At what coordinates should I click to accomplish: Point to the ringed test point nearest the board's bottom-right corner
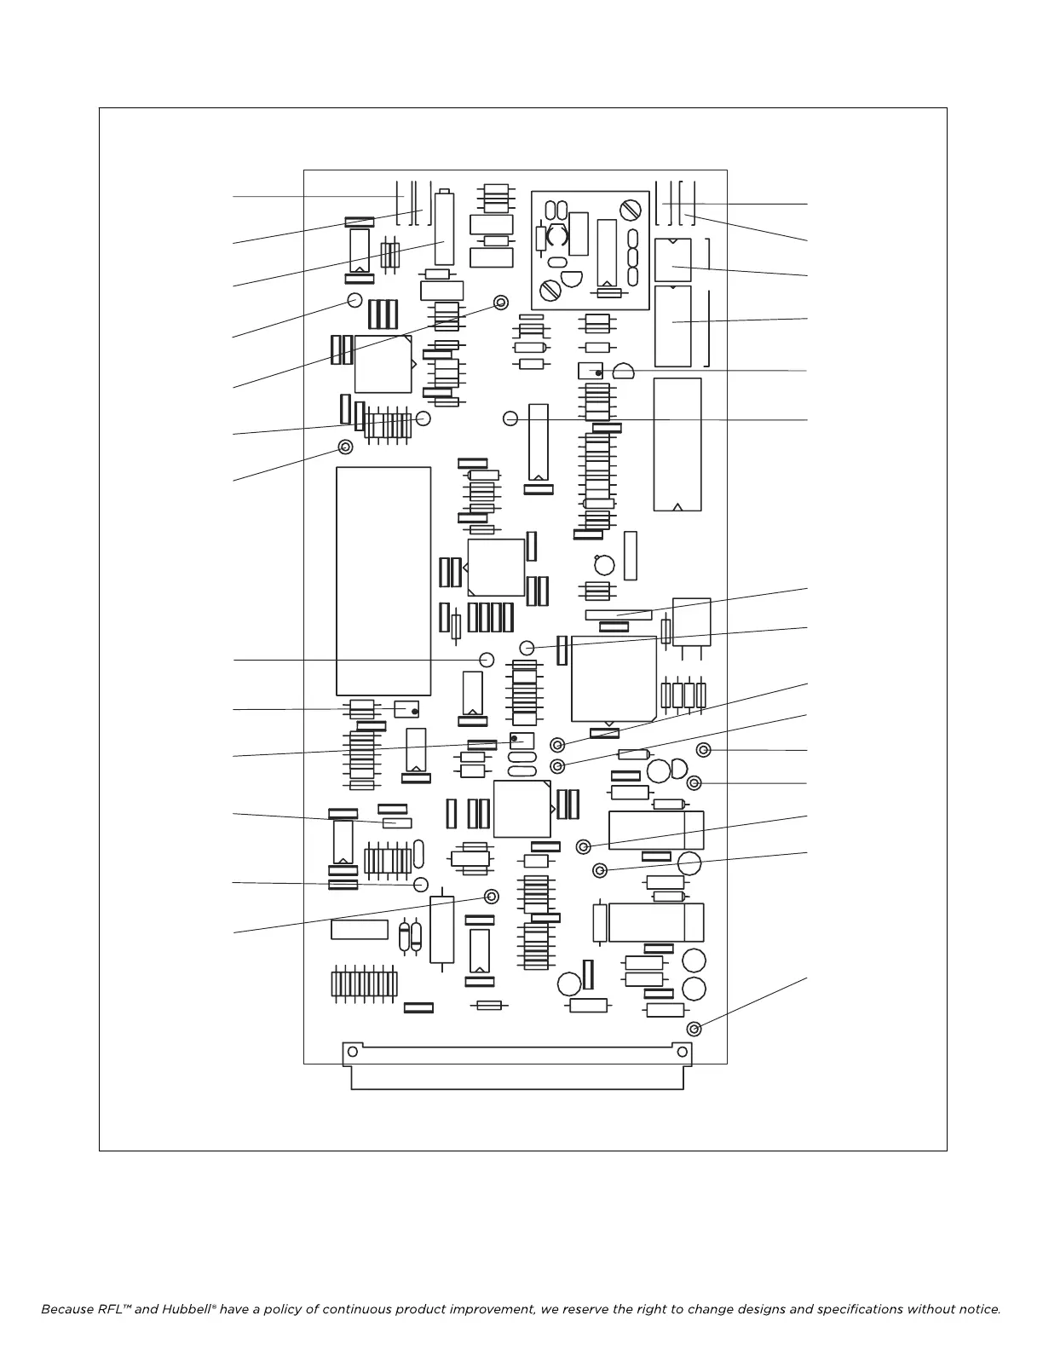694,1029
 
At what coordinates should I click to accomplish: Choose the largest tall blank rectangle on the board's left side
383,580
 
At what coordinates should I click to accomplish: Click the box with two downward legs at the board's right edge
691,622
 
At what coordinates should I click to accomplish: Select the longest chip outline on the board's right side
677,444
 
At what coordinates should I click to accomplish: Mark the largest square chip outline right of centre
614,679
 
